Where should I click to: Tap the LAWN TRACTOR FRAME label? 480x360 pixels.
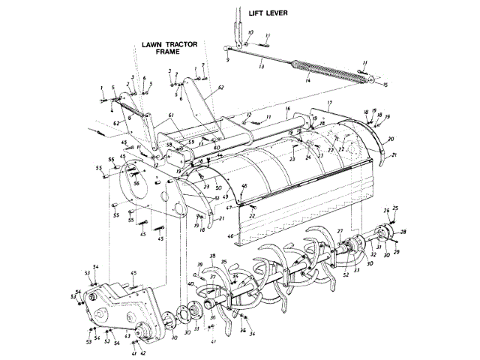tap(169, 48)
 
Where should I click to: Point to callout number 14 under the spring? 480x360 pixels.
tap(307, 80)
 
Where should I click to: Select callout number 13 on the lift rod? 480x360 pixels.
tap(261, 67)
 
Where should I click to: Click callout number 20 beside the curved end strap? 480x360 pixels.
tap(391, 139)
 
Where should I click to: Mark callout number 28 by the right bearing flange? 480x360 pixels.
tap(403, 232)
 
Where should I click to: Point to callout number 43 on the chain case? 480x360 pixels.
tap(127, 335)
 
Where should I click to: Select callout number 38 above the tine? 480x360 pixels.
tap(212, 256)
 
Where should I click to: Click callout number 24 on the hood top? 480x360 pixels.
tap(307, 157)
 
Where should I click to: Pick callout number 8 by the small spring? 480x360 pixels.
tap(130, 116)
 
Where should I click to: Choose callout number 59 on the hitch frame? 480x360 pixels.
tap(190, 142)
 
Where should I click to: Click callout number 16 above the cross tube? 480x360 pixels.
tap(286, 109)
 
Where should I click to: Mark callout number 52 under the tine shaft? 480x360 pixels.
tap(345, 275)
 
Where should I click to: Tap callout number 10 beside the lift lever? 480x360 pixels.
tap(250, 32)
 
